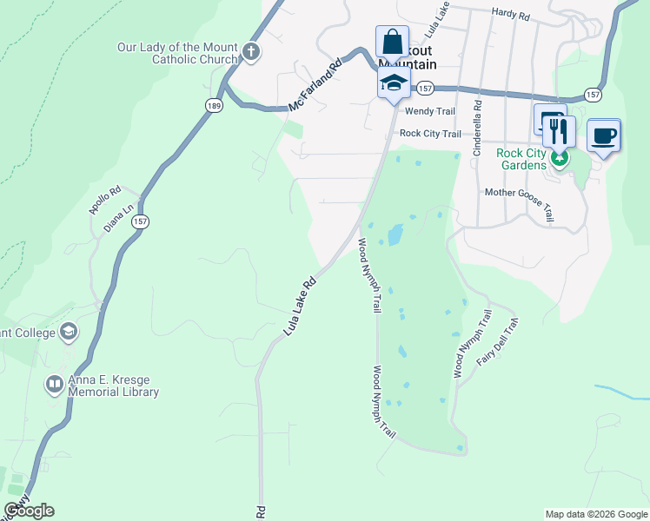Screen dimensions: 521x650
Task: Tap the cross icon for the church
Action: pos(250,52)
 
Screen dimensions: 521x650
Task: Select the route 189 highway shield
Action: pos(214,105)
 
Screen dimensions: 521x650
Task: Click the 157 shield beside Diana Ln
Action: pos(141,222)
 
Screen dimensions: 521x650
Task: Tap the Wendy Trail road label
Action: pos(430,111)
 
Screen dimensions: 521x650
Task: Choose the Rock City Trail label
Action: pos(429,134)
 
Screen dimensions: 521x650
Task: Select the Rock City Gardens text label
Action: pos(521,160)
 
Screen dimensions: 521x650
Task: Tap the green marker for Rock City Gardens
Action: pos(560,159)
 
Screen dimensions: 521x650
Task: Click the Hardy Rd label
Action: pos(510,14)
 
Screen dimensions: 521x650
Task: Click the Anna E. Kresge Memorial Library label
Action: pos(115,386)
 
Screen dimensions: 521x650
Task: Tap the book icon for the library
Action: pos(55,383)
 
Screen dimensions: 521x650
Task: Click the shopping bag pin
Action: pos(392,41)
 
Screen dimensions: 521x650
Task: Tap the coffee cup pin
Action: pos(604,135)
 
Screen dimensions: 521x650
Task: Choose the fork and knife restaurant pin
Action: pos(560,131)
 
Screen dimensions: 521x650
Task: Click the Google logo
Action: pos(30,511)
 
